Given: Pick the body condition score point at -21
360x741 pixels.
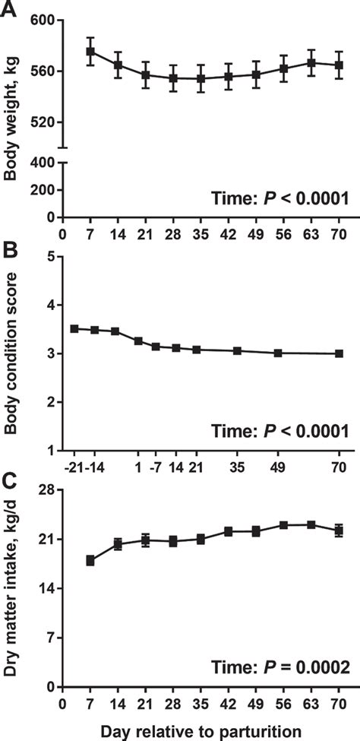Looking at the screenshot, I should tap(74, 328).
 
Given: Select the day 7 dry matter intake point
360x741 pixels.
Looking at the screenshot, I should tap(90, 560).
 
